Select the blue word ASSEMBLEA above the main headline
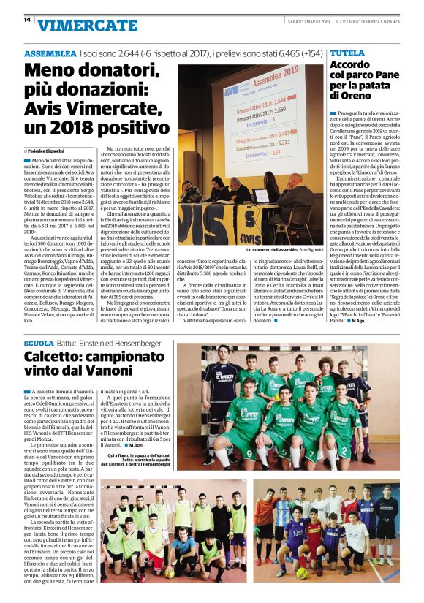(x=50, y=55)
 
